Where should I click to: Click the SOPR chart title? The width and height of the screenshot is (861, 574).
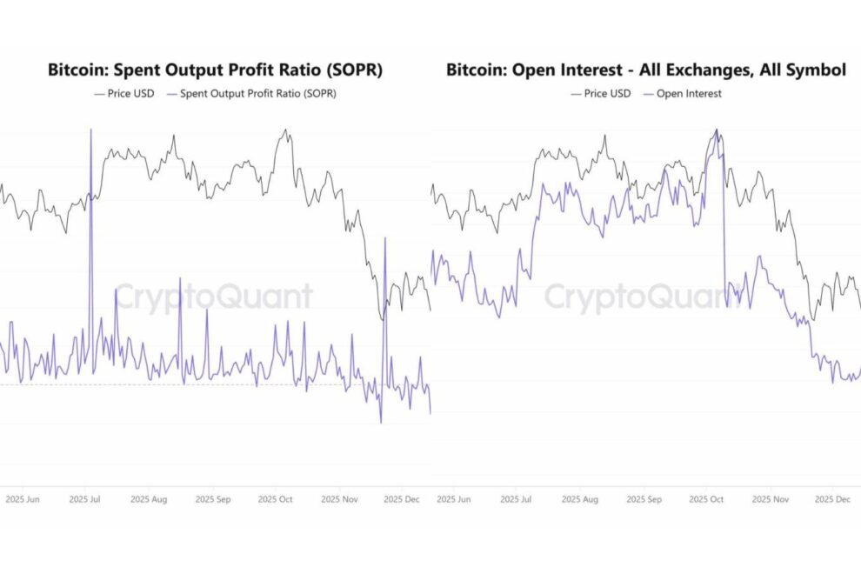(x=215, y=70)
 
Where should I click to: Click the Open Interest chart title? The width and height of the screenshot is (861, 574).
(x=646, y=70)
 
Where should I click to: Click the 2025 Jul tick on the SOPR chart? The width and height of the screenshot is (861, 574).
(x=84, y=500)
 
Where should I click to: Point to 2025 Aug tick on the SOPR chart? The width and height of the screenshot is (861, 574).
(x=148, y=500)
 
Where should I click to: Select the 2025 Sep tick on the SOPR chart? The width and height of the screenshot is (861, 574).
(x=212, y=500)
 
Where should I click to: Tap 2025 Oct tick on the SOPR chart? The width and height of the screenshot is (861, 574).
(x=276, y=500)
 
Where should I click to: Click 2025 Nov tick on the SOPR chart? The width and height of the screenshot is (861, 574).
(x=339, y=500)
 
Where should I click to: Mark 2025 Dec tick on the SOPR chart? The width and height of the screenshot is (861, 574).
(x=402, y=500)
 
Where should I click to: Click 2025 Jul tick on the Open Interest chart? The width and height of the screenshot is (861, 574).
(x=518, y=500)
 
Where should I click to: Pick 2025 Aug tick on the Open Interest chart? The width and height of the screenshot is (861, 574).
(x=581, y=500)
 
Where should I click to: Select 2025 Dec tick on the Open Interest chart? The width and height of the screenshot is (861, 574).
(x=832, y=500)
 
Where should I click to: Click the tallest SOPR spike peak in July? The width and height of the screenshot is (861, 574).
(x=90, y=130)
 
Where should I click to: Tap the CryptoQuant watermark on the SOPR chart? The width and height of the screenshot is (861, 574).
(x=214, y=297)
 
